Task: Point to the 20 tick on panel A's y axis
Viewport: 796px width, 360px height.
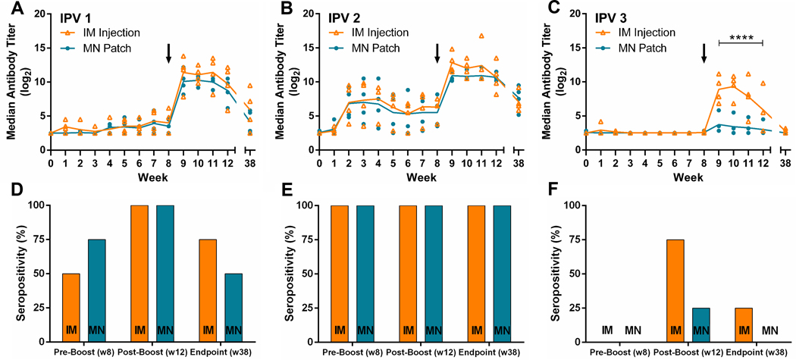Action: [x=39, y=12]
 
